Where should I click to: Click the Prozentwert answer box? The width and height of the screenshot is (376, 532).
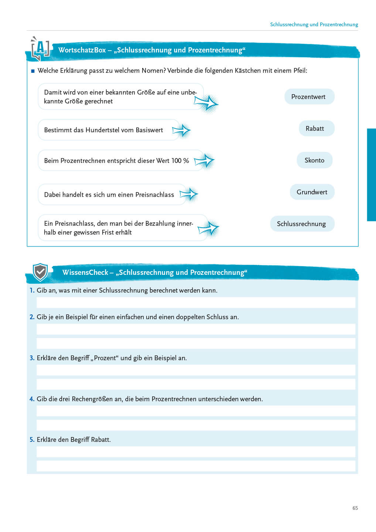(309, 97)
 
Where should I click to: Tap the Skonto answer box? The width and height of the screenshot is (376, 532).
(314, 160)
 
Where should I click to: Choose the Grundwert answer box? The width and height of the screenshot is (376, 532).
(312, 192)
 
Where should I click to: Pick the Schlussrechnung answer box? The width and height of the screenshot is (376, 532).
(302, 224)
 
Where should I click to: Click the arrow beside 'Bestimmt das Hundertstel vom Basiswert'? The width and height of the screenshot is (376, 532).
(181, 130)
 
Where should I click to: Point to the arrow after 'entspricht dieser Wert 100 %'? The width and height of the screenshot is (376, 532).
(204, 161)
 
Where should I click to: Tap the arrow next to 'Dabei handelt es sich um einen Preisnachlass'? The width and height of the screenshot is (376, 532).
(189, 194)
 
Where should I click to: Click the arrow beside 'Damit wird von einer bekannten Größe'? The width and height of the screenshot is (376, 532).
(206, 103)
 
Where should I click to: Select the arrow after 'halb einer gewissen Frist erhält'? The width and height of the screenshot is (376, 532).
(208, 229)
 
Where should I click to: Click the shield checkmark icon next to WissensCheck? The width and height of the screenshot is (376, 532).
(40, 273)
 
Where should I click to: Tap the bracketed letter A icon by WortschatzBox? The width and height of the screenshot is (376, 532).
(40, 48)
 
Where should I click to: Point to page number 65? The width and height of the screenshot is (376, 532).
(355, 508)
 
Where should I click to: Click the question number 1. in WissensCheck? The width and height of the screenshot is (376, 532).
(32, 290)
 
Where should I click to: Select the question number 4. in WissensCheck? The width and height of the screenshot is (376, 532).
(32, 399)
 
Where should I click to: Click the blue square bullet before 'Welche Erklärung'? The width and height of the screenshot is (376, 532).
(33, 71)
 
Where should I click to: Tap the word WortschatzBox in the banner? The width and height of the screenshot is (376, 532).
(82, 50)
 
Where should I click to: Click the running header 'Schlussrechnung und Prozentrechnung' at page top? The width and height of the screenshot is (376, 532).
(314, 24)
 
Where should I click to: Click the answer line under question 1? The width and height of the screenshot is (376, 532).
(196, 303)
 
